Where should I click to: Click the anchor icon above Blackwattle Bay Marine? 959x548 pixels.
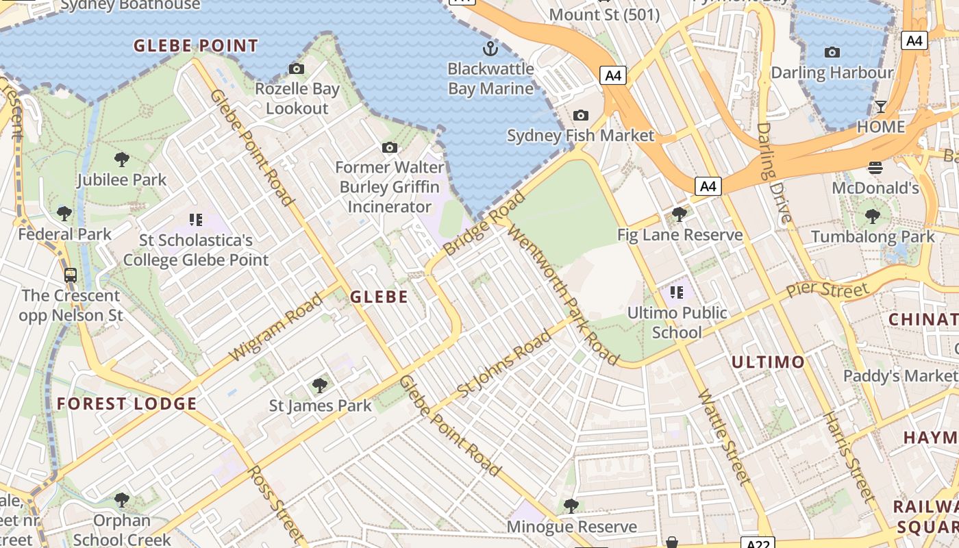(490, 48)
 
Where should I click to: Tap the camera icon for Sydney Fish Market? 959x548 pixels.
(581, 115)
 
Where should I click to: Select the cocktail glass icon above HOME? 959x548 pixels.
(881, 107)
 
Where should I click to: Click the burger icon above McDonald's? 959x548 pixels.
(875, 167)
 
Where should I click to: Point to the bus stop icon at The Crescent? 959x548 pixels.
(71, 275)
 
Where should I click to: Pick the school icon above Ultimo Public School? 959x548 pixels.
(677, 293)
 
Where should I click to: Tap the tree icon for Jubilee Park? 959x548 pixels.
(122, 160)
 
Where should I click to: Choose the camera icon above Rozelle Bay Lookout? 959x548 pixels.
(297, 68)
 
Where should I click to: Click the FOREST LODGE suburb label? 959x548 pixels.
(127, 403)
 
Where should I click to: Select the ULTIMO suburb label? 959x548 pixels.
(768, 362)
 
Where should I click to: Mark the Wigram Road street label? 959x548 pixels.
(275, 327)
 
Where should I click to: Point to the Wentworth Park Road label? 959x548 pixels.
(563, 295)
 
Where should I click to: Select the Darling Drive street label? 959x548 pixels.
(774, 174)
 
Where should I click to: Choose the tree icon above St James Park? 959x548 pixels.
(319, 385)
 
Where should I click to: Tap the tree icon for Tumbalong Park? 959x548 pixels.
(872, 216)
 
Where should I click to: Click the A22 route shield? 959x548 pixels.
(758, 543)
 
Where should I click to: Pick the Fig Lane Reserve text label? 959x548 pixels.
(680, 235)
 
